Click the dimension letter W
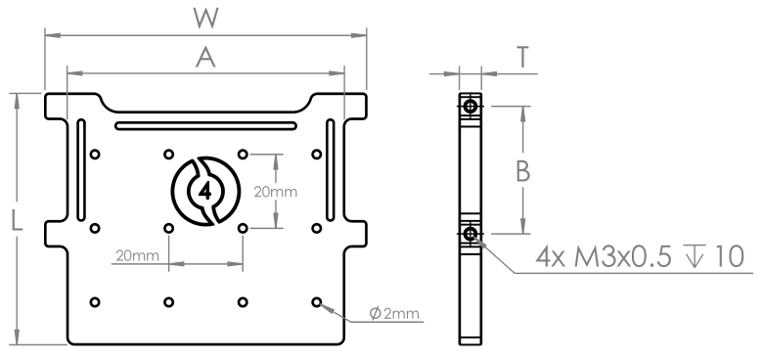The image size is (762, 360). [206, 18]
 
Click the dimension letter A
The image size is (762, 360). [205, 58]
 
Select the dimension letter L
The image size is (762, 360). [17, 221]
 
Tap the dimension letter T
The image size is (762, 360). [523, 58]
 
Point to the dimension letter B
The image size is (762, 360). [522, 171]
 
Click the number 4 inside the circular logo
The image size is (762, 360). [205, 191]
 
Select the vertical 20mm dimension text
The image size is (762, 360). [276, 192]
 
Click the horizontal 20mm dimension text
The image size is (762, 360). [138, 255]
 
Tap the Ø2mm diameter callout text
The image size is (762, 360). [394, 314]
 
